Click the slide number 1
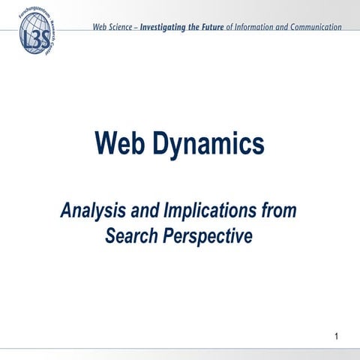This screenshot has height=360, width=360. coord(339,334)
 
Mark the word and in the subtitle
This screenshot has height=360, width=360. coord(142,211)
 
